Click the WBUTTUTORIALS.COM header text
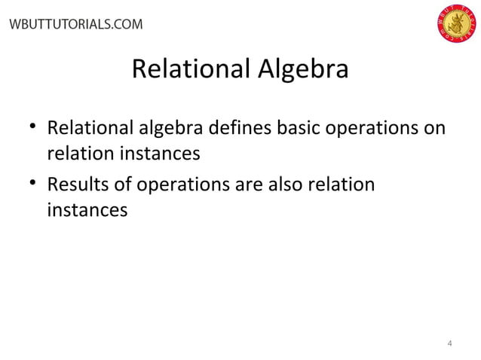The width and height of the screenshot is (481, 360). [74, 24]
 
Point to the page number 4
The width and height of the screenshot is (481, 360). [450, 344]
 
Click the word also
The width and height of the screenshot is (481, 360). [288, 185]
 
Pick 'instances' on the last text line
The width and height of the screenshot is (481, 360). [87, 212]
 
